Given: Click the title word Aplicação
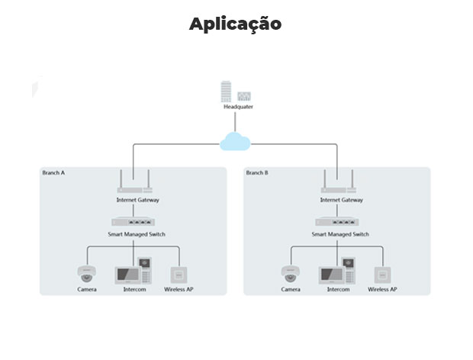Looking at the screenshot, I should coord(235,24).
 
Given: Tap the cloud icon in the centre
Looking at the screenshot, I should coord(235,141).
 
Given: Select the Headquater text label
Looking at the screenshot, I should coord(238,107).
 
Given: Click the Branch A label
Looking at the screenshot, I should coord(54,173).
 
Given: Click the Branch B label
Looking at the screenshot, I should coord(256,173).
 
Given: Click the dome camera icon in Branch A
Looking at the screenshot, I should coord(86,274).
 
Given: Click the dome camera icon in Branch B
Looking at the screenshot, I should coord(290,274).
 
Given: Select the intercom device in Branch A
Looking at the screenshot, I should coord(134,273).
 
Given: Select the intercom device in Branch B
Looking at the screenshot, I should coord(338,273).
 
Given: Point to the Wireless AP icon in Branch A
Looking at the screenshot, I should coord(179,275).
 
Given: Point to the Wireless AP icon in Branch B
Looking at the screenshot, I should coord(382,275).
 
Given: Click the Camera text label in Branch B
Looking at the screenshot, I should coord(290,290).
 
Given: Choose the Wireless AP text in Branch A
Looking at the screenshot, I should coord(179,290).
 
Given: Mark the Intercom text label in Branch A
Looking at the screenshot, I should coord(134,290).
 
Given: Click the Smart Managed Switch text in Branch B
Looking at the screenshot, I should coord(340,234).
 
